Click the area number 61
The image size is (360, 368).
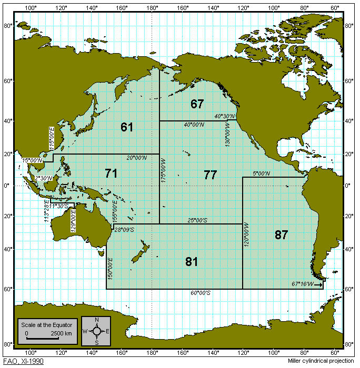(127, 127)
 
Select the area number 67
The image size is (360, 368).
(197, 104)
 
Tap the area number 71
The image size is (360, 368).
(111, 173)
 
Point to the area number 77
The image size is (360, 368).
(210, 176)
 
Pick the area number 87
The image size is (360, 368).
(281, 235)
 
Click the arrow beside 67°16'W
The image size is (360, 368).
(319, 284)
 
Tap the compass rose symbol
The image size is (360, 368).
(97, 331)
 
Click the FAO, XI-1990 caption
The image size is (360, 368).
(23, 362)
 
